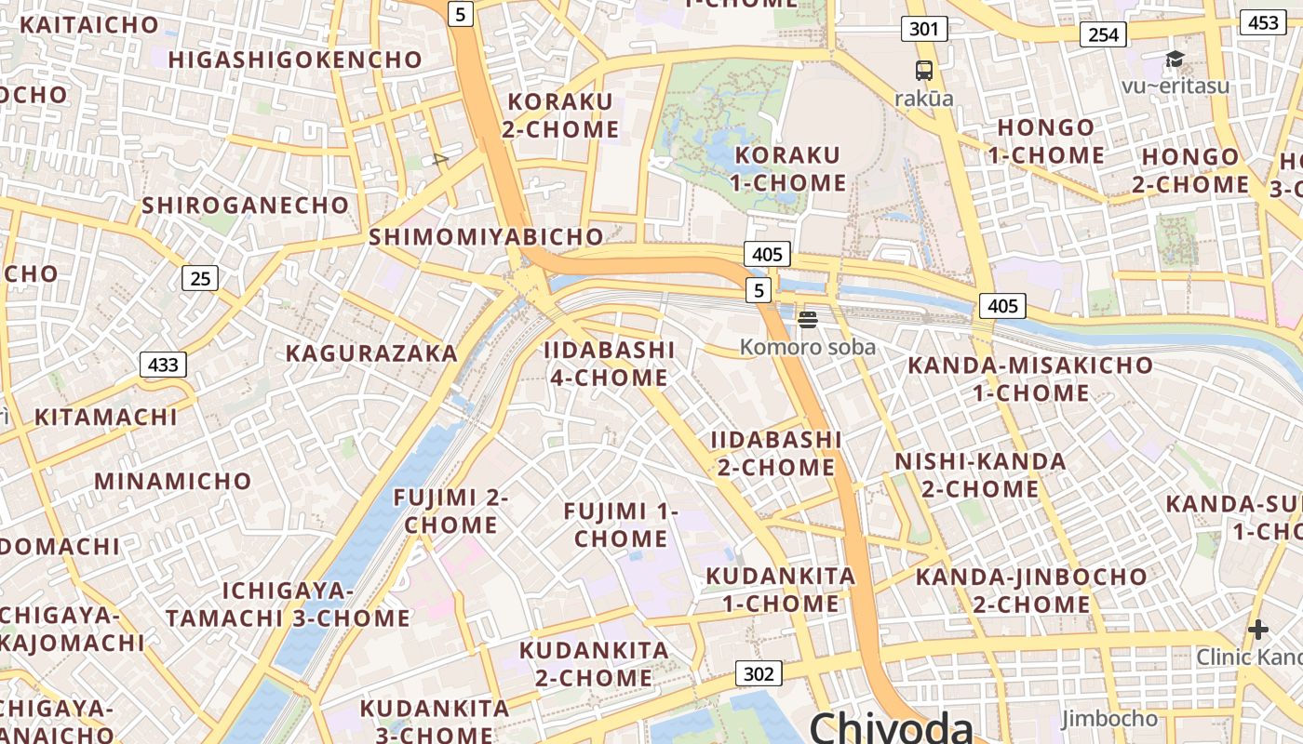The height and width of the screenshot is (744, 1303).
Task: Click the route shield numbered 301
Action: pyautogui.click(x=923, y=29)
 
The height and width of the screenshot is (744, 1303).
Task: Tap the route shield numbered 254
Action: pyautogui.click(x=1103, y=34)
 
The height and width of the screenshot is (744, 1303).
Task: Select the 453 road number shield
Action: pyautogui.click(x=1263, y=22)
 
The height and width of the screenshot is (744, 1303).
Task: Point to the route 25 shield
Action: pyautogui.click(x=199, y=277)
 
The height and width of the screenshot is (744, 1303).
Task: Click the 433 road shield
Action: pyautogui.click(x=163, y=365)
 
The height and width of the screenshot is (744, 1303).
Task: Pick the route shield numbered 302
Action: pyautogui.click(x=759, y=673)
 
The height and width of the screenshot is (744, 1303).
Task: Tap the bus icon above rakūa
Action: pyautogui.click(x=923, y=70)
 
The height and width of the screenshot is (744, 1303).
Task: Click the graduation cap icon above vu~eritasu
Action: pyautogui.click(x=1175, y=60)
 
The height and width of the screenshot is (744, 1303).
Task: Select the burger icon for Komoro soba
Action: pyautogui.click(x=807, y=320)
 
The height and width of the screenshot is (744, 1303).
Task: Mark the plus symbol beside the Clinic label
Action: pyautogui.click(x=1258, y=630)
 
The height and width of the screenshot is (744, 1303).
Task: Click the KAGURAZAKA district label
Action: pyautogui.click(x=371, y=353)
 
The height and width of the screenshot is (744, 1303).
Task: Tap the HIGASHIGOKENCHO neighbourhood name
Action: pyautogui.click(x=295, y=60)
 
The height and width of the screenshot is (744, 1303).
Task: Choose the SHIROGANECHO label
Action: pyautogui.click(x=245, y=205)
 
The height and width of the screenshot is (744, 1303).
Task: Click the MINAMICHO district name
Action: pyautogui.click(x=172, y=481)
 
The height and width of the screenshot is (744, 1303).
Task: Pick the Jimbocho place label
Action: pyautogui.click(x=1109, y=719)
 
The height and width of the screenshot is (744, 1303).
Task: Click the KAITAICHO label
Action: pyautogui.click(x=89, y=24)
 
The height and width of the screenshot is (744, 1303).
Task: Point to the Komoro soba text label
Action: pyautogui.click(x=807, y=347)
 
